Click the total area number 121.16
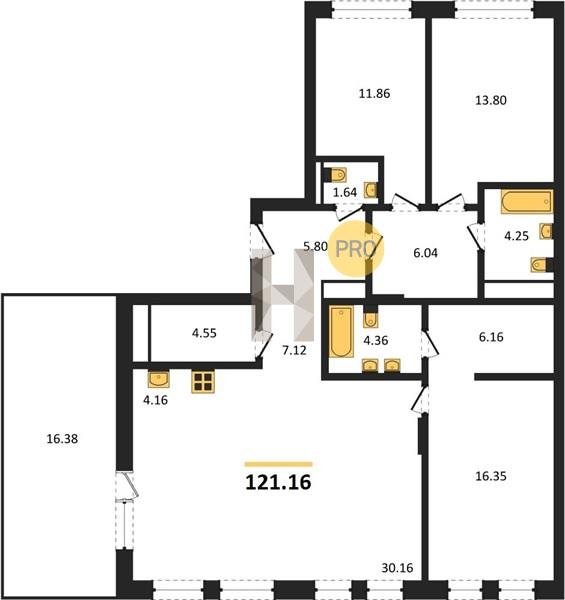(278, 482)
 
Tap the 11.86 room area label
(374, 93)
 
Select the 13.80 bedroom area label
(491, 100)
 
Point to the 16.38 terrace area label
(62, 439)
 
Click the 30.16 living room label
(397, 568)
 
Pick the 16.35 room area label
(491, 476)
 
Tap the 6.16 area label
(491, 337)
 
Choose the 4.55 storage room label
(204, 333)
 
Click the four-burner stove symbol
(203, 382)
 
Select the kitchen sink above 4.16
(159, 379)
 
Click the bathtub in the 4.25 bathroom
(527, 201)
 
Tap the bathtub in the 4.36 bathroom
(341, 332)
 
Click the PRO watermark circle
(355, 249)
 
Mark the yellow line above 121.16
(278, 464)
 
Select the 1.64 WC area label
(345, 192)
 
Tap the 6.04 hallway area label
(425, 253)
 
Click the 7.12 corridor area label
(294, 350)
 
